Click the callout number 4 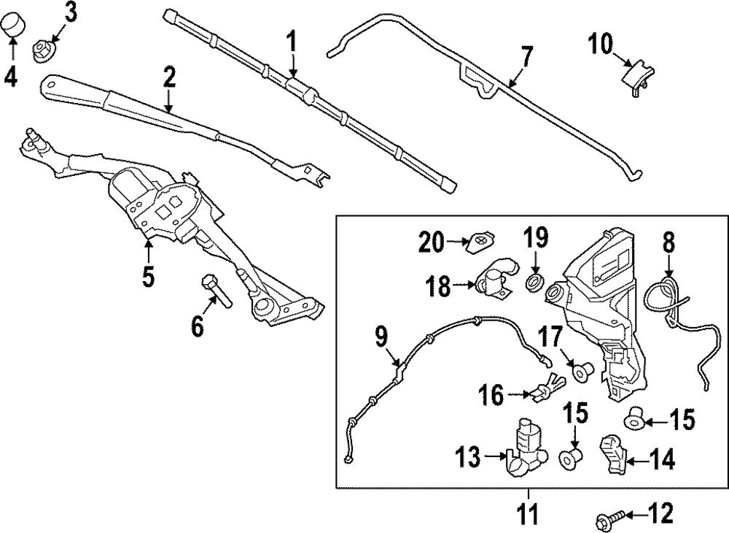[x=10, y=76]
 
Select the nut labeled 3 [x=42, y=50]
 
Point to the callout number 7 [x=526, y=56]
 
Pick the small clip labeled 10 [x=636, y=74]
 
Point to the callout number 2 [x=169, y=77]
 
